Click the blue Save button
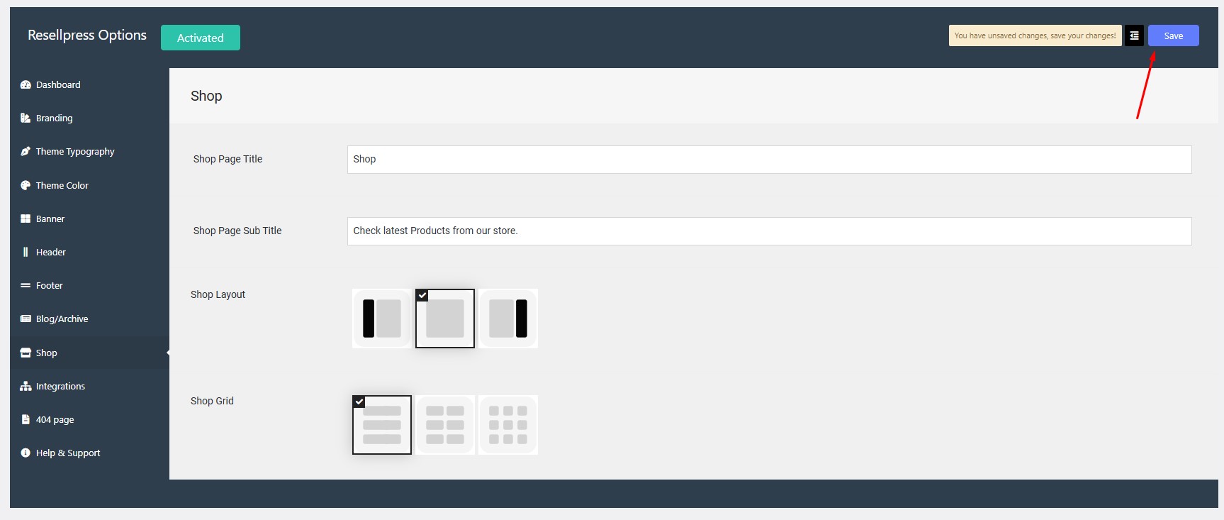pyautogui.click(x=1173, y=35)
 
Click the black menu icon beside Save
pyautogui.click(x=1134, y=35)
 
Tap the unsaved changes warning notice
pyautogui.click(x=1035, y=35)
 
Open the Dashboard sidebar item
pyautogui.click(x=50, y=84)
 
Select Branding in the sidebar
pyautogui.click(x=47, y=118)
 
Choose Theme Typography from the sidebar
pyautogui.click(x=67, y=151)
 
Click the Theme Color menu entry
pyautogui.click(x=55, y=185)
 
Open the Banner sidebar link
pyautogui.click(x=43, y=218)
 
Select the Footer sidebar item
pyautogui.click(x=42, y=285)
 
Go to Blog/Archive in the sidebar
pyautogui.click(x=55, y=319)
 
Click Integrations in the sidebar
pyautogui.click(x=53, y=386)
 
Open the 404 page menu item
pyautogui.click(x=47, y=419)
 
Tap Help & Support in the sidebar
pyautogui.click(x=60, y=453)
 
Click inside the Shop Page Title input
pyautogui.click(x=769, y=160)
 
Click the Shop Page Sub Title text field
pyautogui.click(x=769, y=231)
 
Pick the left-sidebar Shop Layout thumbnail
pyautogui.click(x=382, y=319)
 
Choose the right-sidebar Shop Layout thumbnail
pyautogui.click(x=508, y=319)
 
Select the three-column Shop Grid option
pyautogui.click(x=508, y=425)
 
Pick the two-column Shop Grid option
pyautogui.click(x=445, y=425)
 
